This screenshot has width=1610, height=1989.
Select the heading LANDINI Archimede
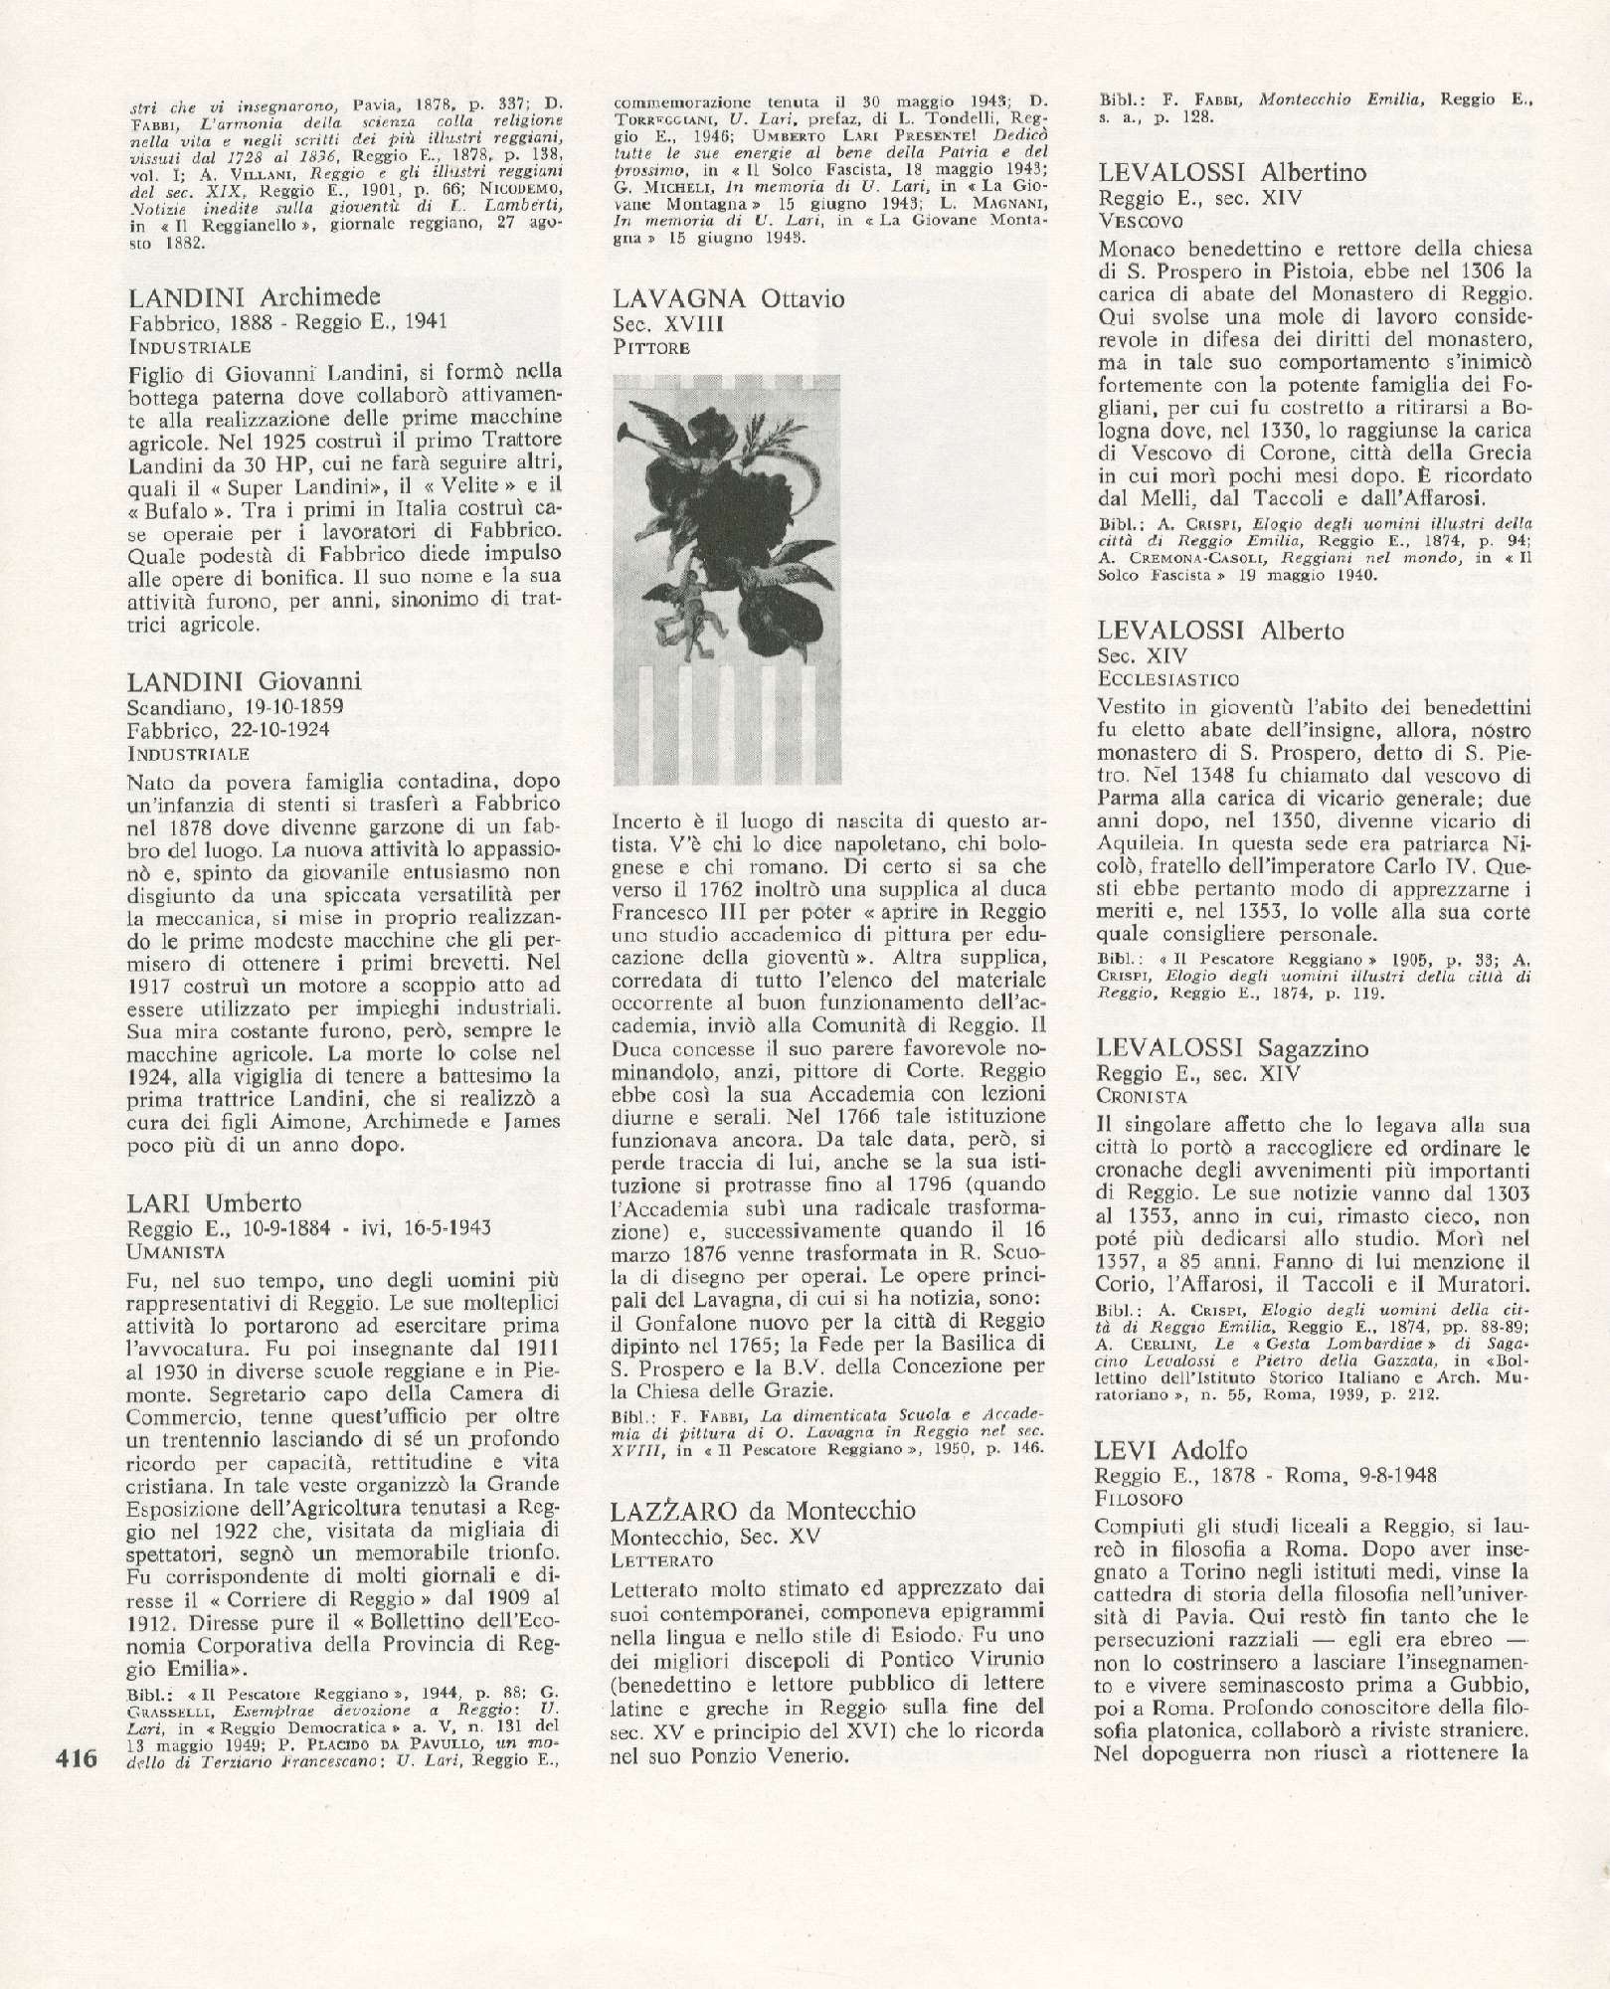(255, 297)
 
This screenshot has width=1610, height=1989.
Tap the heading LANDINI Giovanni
(245, 681)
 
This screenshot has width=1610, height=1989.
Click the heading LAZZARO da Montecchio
(763, 1510)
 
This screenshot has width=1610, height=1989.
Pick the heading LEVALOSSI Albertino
(1218, 173)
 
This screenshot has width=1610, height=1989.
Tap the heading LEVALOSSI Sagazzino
(1233, 1048)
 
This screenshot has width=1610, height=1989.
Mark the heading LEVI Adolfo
(1170, 1450)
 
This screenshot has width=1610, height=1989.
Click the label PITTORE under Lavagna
(651, 347)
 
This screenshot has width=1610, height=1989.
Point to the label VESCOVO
(1140, 221)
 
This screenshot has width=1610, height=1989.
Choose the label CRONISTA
(1143, 1096)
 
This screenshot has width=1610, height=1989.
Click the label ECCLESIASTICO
(1168, 678)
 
